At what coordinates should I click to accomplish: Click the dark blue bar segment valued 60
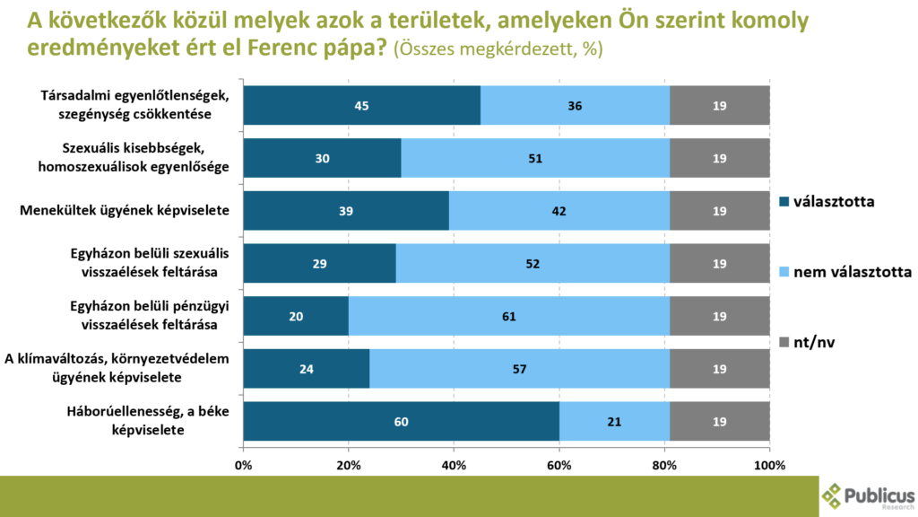(x=401, y=422)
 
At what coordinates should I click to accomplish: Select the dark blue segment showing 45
(x=361, y=106)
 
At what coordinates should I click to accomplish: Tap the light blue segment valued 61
(x=509, y=316)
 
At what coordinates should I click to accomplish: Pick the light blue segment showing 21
(x=614, y=422)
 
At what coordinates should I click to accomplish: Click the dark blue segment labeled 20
(x=296, y=316)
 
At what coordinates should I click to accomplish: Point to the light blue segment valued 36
(x=575, y=106)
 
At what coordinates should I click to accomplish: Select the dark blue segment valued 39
(x=345, y=211)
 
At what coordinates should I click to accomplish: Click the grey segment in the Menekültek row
(x=720, y=211)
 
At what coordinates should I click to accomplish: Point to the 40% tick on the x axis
(x=454, y=466)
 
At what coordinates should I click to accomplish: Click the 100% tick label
(x=769, y=466)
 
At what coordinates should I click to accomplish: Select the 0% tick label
(x=243, y=466)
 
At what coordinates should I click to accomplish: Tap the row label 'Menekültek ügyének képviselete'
(x=125, y=212)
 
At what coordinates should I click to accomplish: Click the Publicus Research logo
(x=869, y=497)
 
